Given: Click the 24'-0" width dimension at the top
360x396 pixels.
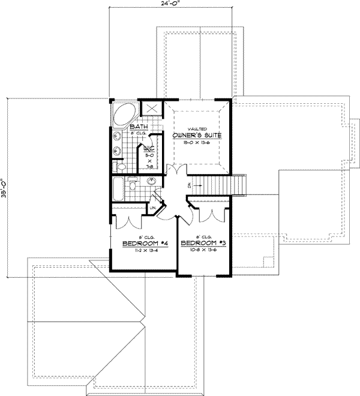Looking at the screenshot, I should pyautogui.click(x=170, y=4).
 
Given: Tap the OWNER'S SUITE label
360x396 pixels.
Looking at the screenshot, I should pyautogui.click(x=197, y=136).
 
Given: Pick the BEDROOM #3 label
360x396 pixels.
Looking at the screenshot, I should pyautogui.click(x=202, y=243).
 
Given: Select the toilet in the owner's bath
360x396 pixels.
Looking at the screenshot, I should pyautogui.click(x=118, y=167).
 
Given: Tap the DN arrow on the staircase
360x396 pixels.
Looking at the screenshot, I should pyautogui.click(x=188, y=185).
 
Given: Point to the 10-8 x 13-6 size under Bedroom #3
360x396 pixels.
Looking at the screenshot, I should pyautogui.click(x=202, y=251).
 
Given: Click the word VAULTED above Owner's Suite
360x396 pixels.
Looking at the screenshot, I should pyautogui.click(x=196, y=128).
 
